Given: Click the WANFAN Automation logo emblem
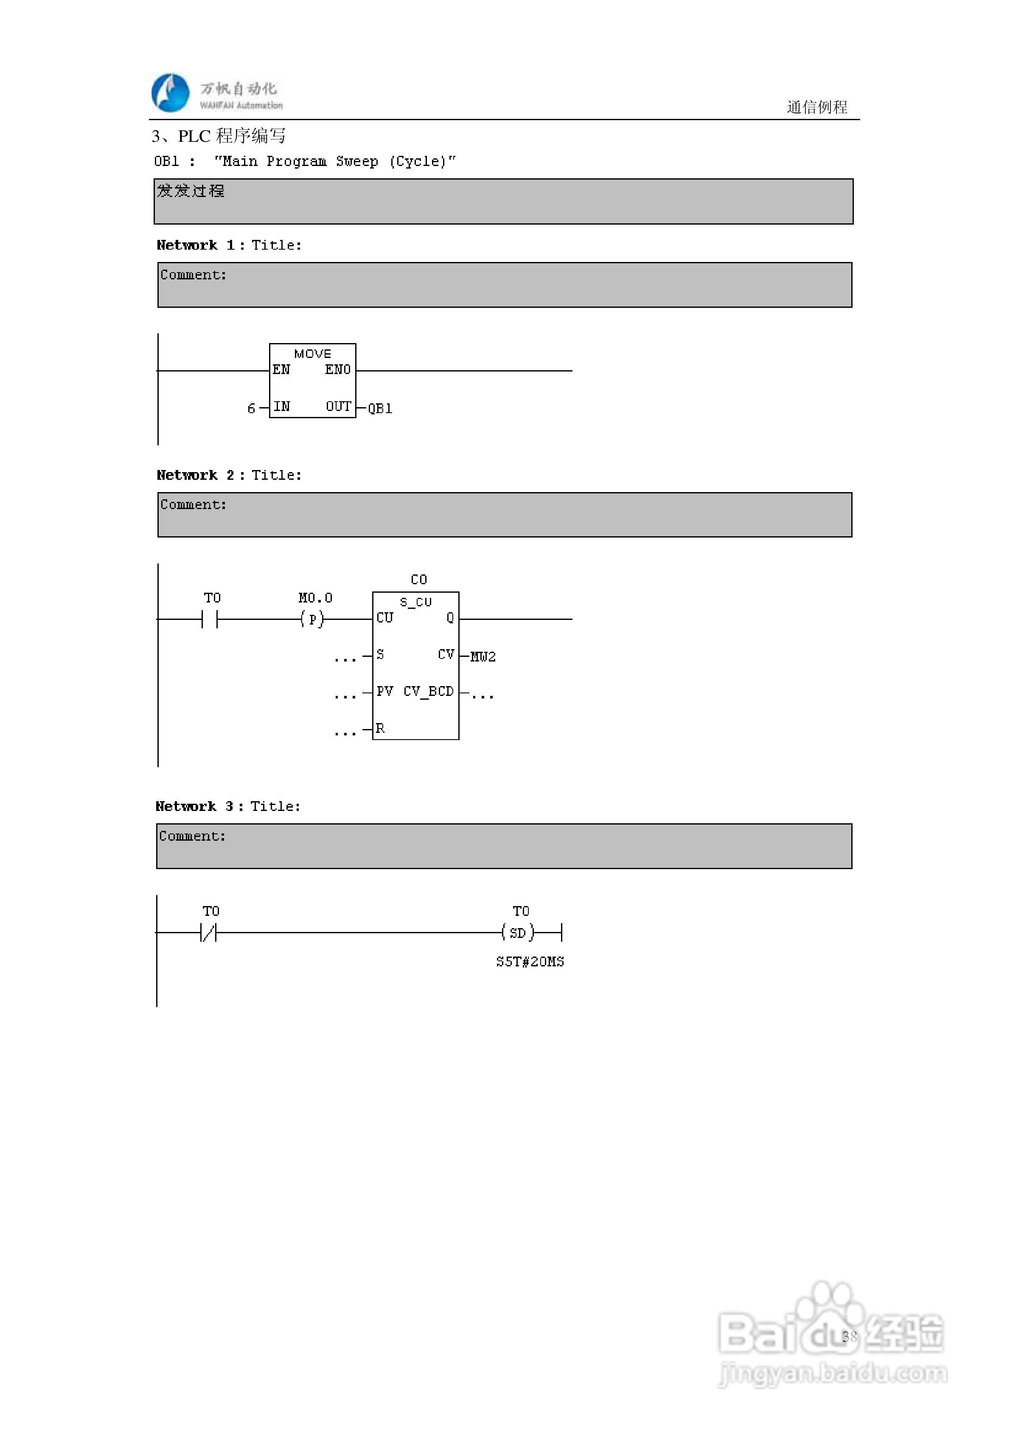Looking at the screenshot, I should [x=170, y=93].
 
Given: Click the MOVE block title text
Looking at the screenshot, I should [x=313, y=354].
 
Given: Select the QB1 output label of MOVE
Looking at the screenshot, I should [x=380, y=408].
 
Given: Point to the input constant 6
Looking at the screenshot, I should [x=251, y=408].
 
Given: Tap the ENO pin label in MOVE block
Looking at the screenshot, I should [x=337, y=370].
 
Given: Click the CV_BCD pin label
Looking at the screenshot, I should [x=429, y=691].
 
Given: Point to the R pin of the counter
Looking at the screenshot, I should [x=380, y=728].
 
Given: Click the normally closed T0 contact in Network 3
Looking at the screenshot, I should [x=209, y=932].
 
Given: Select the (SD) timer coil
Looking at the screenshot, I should [x=517, y=932].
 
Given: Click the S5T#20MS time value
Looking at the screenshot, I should [x=530, y=962].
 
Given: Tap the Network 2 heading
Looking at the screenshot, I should [x=229, y=475].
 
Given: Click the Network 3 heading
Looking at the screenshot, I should [x=228, y=807].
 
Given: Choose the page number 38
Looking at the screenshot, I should [x=849, y=1336].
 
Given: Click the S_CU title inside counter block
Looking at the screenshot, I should [x=415, y=602].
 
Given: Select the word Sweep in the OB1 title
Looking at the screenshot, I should [x=357, y=161].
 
